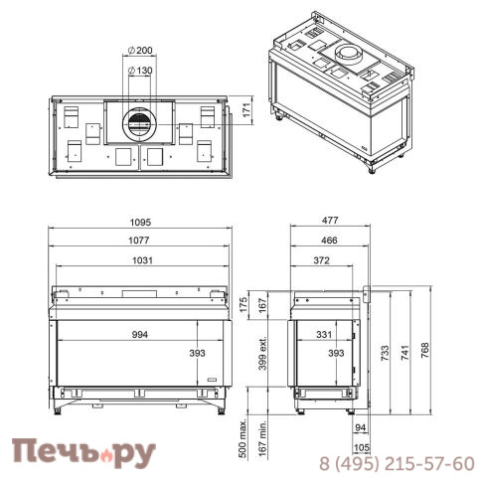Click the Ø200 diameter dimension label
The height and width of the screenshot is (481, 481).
(140, 51)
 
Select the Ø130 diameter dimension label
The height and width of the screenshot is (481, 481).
(140, 71)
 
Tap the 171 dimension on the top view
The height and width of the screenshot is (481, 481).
(246, 110)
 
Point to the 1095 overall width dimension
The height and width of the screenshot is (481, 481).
(140, 223)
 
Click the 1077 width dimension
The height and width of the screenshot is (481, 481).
(139, 240)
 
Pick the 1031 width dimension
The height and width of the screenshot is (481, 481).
(142, 260)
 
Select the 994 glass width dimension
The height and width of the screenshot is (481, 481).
(140, 335)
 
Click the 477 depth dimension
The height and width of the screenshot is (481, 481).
(330, 221)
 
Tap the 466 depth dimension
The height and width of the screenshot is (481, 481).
(329, 240)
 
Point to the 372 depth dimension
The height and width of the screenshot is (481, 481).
(321, 260)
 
